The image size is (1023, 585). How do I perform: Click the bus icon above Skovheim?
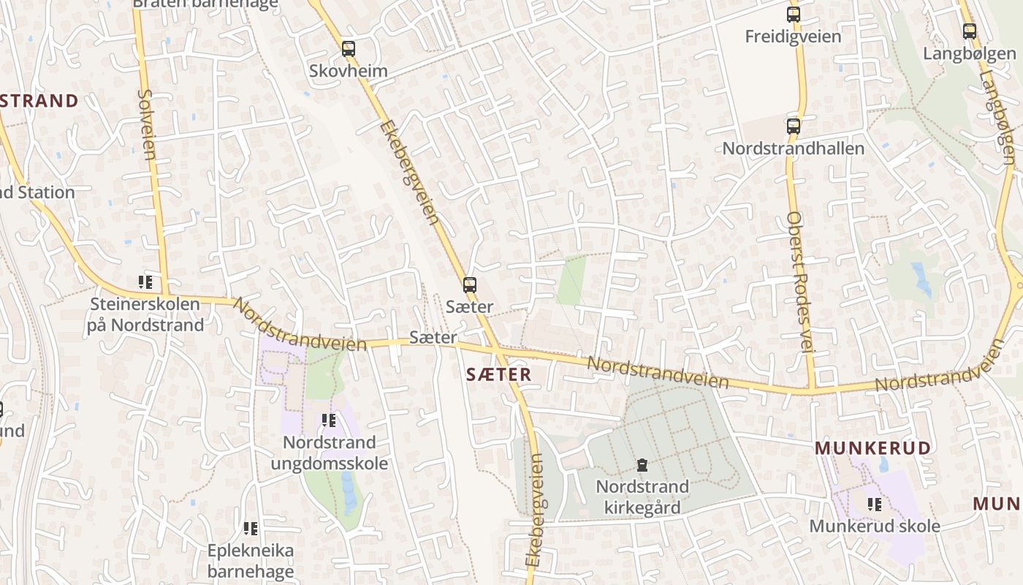click(349, 49)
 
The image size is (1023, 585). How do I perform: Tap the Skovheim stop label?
click(348, 72)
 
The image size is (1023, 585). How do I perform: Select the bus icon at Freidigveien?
click(793, 14)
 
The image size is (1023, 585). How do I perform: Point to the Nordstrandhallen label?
click(793, 148)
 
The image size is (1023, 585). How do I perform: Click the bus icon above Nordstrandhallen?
click(793, 126)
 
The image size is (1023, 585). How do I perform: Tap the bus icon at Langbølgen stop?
click(969, 31)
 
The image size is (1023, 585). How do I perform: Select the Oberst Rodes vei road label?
click(800, 282)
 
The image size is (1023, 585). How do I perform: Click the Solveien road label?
click(147, 124)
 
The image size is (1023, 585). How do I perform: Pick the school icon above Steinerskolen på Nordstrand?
click(145, 282)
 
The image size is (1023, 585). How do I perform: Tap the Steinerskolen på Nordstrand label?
click(145, 314)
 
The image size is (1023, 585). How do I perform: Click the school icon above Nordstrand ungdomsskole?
click(329, 420)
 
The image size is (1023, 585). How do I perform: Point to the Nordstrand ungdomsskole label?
click(329, 453)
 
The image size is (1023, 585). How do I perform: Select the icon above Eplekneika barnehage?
click(251, 528)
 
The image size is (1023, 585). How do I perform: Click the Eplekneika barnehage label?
click(251, 560)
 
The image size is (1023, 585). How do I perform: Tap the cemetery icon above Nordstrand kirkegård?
click(642, 465)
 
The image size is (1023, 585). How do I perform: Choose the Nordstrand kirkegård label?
click(642, 497)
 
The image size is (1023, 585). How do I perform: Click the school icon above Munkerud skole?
click(874, 504)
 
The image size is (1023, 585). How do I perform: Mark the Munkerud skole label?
click(874, 526)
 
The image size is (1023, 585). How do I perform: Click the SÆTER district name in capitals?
click(499, 374)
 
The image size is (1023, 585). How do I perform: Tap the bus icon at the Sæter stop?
click(469, 285)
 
